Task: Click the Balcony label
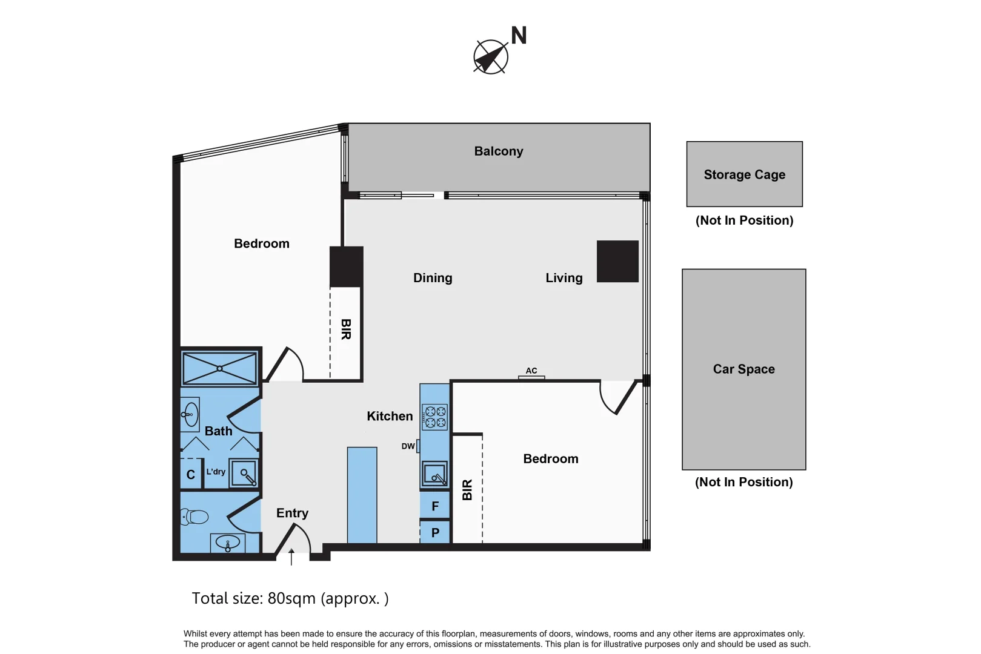click(x=499, y=151)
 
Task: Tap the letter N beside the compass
click(x=519, y=36)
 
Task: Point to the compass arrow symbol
click(x=491, y=57)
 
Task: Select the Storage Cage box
click(x=745, y=174)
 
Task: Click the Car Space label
click(x=743, y=369)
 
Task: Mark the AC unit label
click(x=531, y=371)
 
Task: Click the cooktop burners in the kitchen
click(x=435, y=417)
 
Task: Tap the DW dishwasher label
click(x=408, y=446)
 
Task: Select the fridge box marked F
click(x=435, y=506)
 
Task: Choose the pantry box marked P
click(x=435, y=532)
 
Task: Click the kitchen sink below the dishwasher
click(x=435, y=474)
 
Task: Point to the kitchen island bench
click(x=362, y=495)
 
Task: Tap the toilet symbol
click(x=194, y=517)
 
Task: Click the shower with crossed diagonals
click(x=219, y=369)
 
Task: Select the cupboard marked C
click(x=191, y=474)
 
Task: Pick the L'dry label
click(x=216, y=472)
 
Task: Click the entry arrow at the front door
click(x=291, y=557)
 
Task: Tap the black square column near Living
click(x=617, y=262)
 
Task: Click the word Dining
click(x=433, y=277)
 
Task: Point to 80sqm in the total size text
click(x=291, y=598)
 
